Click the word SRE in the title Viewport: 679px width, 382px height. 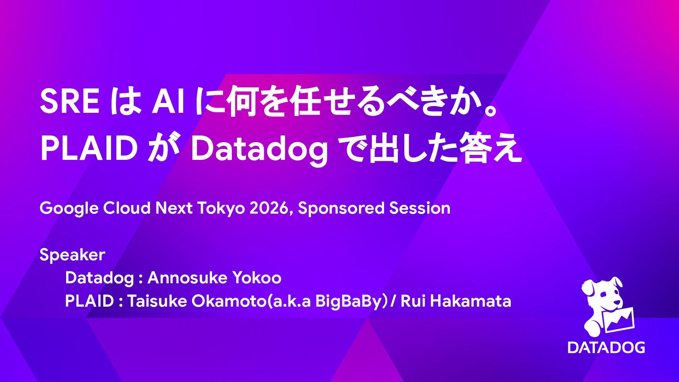(69, 102)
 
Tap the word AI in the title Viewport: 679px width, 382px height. (168, 102)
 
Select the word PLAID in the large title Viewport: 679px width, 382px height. (89, 149)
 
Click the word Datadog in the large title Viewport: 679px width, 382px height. (259, 150)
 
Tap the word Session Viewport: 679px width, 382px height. (420, 208)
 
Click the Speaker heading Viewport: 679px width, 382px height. (72, 255)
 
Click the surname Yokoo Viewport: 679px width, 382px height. (256, 278)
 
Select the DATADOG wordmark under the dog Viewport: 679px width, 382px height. (607, 347)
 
